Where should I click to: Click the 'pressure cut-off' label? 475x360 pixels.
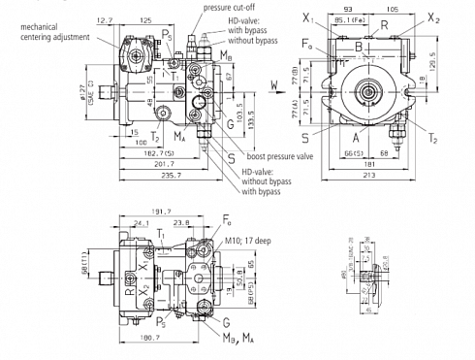click(x=230, y=7)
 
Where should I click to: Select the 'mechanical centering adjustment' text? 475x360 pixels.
click(x=45, y=31)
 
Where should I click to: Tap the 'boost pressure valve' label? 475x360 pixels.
click(x=281, y=156)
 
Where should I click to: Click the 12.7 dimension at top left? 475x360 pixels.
click(x=106, y=18)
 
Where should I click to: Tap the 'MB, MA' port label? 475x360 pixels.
click(x=240, y=337)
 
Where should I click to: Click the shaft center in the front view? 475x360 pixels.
click(x=369, y=93)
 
